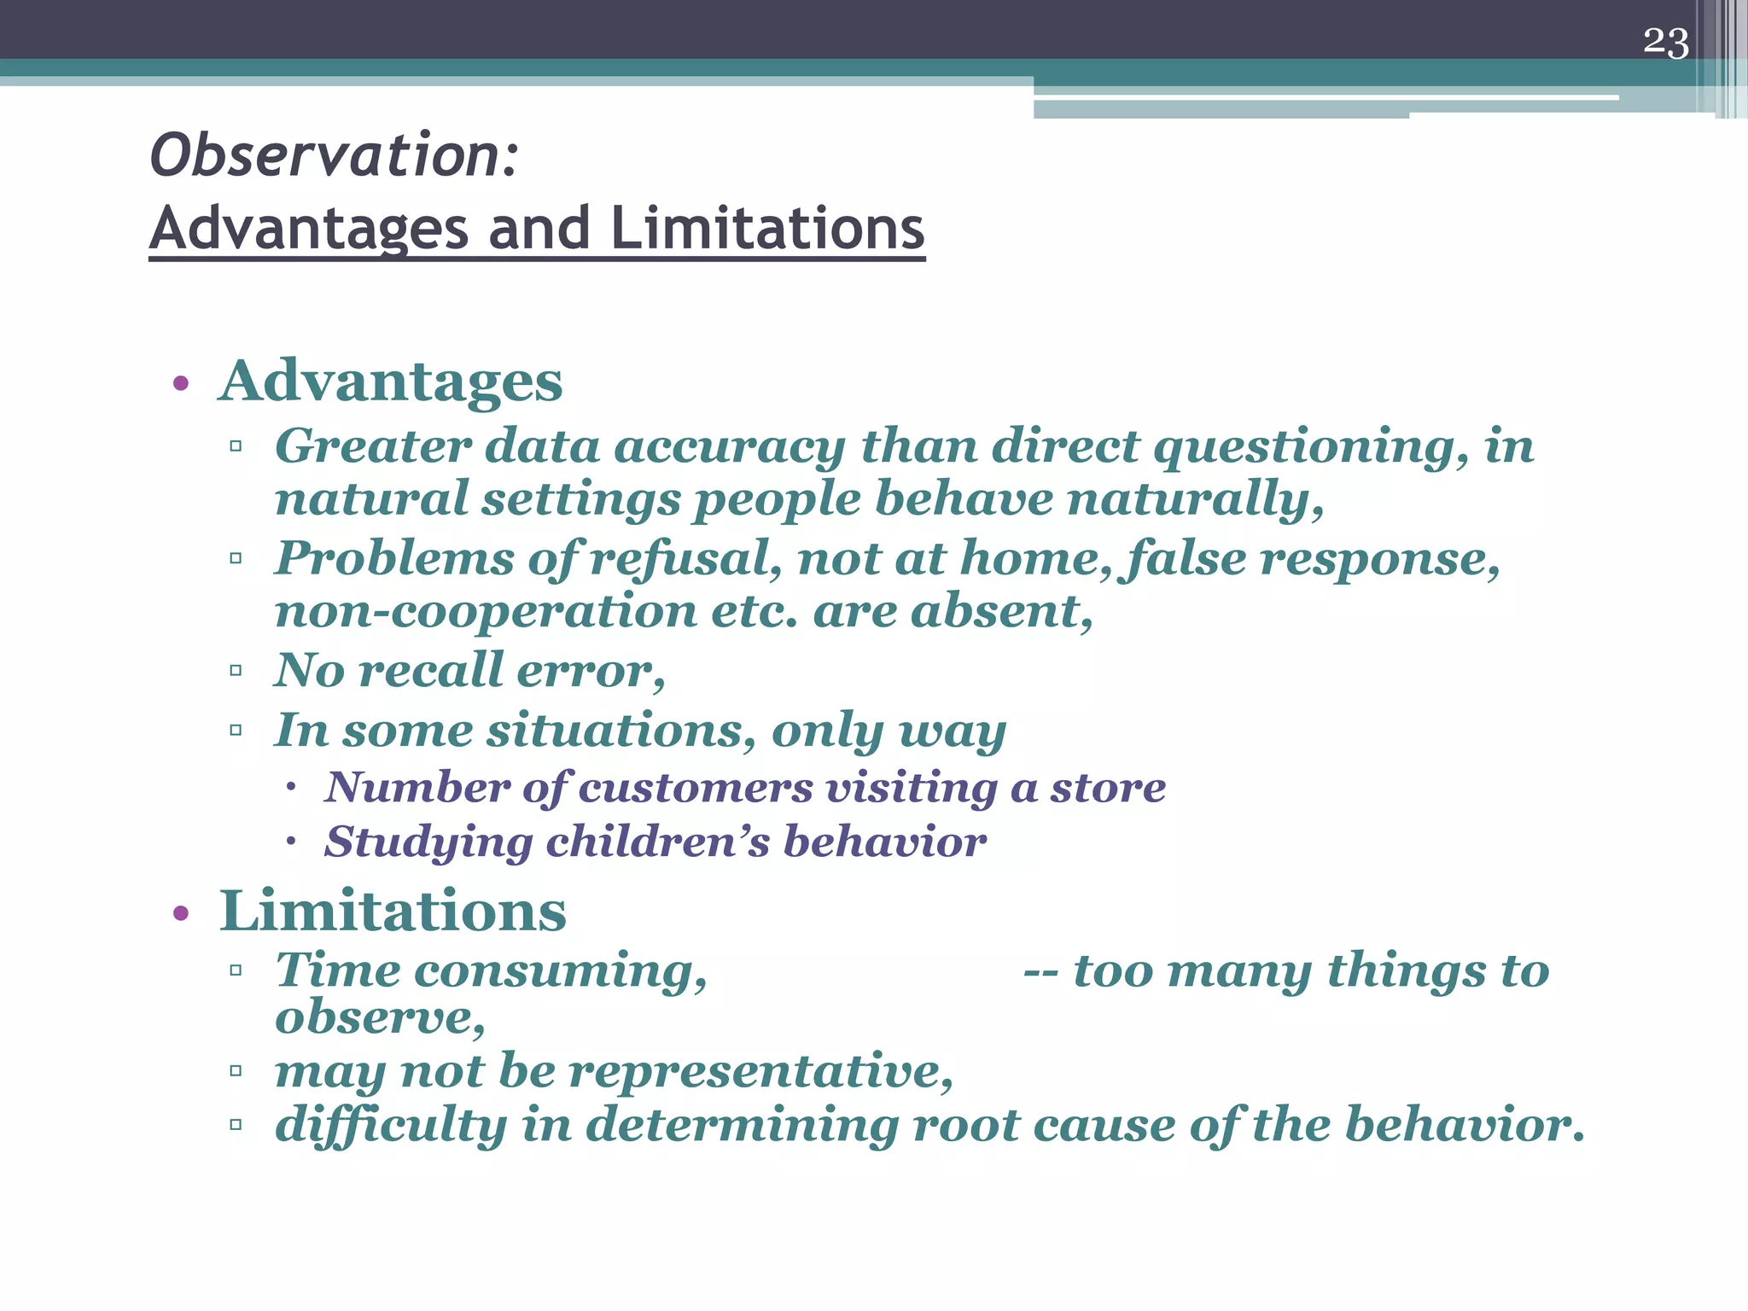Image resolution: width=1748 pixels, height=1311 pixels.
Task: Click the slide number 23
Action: (1665, 43)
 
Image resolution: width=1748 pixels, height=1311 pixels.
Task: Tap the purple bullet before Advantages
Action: (180, 383)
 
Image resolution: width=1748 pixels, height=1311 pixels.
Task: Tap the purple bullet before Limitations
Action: (180, 914)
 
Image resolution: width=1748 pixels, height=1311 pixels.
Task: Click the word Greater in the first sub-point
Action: (372, 446)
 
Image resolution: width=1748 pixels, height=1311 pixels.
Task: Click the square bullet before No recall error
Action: (236, 671)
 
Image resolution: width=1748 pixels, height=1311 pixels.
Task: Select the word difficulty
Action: (391, 1125)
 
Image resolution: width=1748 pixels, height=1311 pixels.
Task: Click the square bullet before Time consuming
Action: (236, 970)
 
